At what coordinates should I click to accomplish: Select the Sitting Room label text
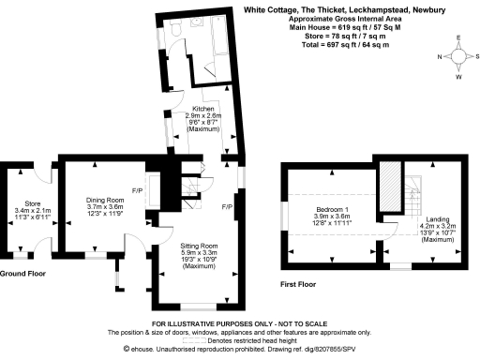pos(199,246)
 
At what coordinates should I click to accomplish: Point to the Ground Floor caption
pos(22,273)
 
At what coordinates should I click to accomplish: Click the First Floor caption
pos(300,283)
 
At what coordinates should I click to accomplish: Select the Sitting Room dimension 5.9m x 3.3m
pos(199,252)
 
